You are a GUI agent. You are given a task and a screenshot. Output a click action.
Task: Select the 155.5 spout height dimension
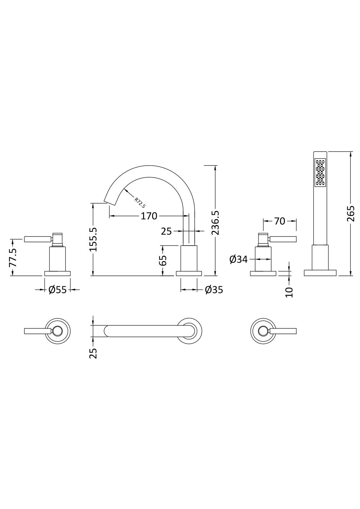point(93,240)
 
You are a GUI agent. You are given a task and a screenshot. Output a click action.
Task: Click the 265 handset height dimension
point(351,213)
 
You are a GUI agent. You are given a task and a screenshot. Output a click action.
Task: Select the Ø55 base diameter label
point(57,290)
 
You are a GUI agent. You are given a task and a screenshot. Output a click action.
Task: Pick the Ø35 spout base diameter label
point(214,290)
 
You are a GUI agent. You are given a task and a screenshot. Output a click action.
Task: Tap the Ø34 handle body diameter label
point(238,259)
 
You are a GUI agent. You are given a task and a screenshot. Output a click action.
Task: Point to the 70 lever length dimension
point(280,221)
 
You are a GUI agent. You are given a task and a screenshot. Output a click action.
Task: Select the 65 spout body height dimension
point(163,260)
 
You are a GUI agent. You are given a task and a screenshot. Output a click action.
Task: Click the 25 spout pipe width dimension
point(166,231)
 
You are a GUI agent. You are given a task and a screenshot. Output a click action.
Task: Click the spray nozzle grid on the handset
point(320,173)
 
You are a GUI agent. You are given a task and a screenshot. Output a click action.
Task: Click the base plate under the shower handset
point(320,273)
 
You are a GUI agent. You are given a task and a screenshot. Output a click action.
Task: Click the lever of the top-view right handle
point(284,331)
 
